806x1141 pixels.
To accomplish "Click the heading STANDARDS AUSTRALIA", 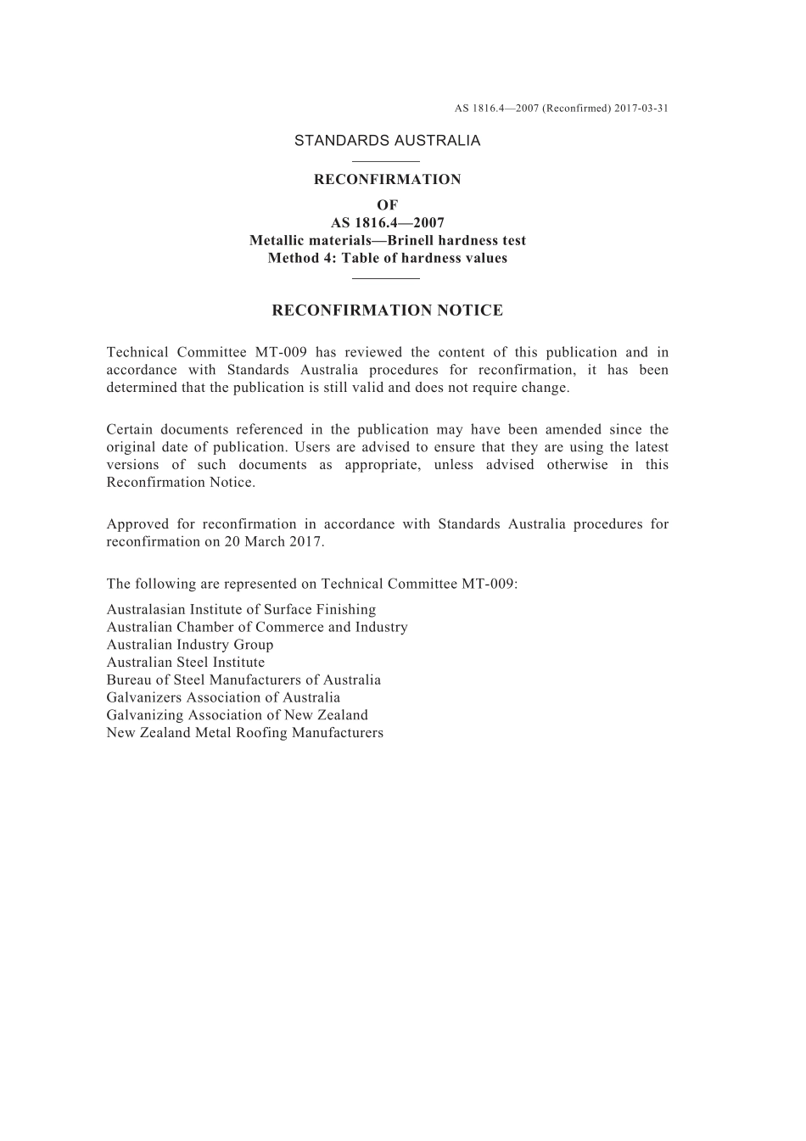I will tap(387, 141).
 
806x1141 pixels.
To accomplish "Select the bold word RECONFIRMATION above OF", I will tap(387, 180).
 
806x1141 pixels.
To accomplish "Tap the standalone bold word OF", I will tap(387, 205).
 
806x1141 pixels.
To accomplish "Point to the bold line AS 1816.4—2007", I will tap(387, 223).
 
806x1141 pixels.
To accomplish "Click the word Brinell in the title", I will tap(410, 241).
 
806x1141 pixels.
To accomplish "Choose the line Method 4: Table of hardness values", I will tap(387, 259).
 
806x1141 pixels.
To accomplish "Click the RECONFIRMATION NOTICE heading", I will tap(387, 310).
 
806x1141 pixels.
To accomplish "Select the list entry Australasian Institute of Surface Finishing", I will tap(241, 610).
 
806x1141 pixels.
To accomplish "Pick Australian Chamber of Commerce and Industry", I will tap(257, 628).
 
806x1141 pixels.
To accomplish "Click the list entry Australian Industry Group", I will tap(190, 645).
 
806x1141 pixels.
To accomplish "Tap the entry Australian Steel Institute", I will tap(186, 663).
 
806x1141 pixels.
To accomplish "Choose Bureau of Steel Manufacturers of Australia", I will tap(243, 680).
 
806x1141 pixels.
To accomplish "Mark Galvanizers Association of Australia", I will tap(223, 698).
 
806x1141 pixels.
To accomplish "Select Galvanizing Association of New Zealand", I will tap(238, 715).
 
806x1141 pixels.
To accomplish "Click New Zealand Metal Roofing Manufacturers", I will tap(244, 733).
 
